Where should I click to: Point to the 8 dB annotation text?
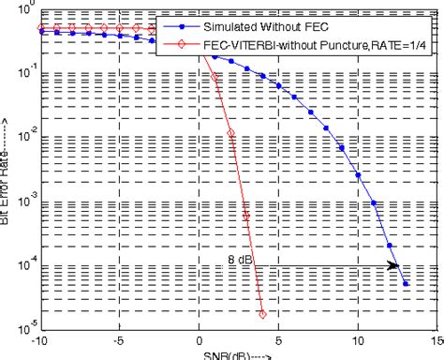coord(241,259)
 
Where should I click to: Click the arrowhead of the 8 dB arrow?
coord(393,266)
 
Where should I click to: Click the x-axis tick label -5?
coord(119,342)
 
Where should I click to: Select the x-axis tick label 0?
coord(200,342)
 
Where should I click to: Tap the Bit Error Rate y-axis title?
coord(7,169)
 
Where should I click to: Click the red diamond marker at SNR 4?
coord(262,314)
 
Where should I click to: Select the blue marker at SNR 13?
coord(406,283)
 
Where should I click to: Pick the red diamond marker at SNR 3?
coord(246,216)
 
